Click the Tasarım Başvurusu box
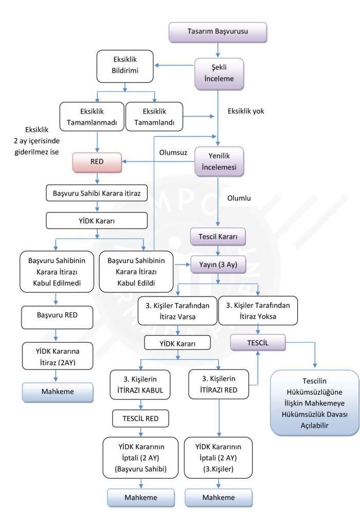[x=218, y=32]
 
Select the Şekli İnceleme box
[x=219, y=73]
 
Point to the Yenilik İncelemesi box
[x=219, y=162]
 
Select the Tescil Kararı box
[x=218, y=237]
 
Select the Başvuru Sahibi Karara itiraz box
[x=97, y=194]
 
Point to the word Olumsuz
[x=173, y=152]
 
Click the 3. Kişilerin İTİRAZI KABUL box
[x=137, y=384]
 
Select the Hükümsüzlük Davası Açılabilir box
[x=315, y=402]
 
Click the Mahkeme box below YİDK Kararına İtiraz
[x=58, y=391]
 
